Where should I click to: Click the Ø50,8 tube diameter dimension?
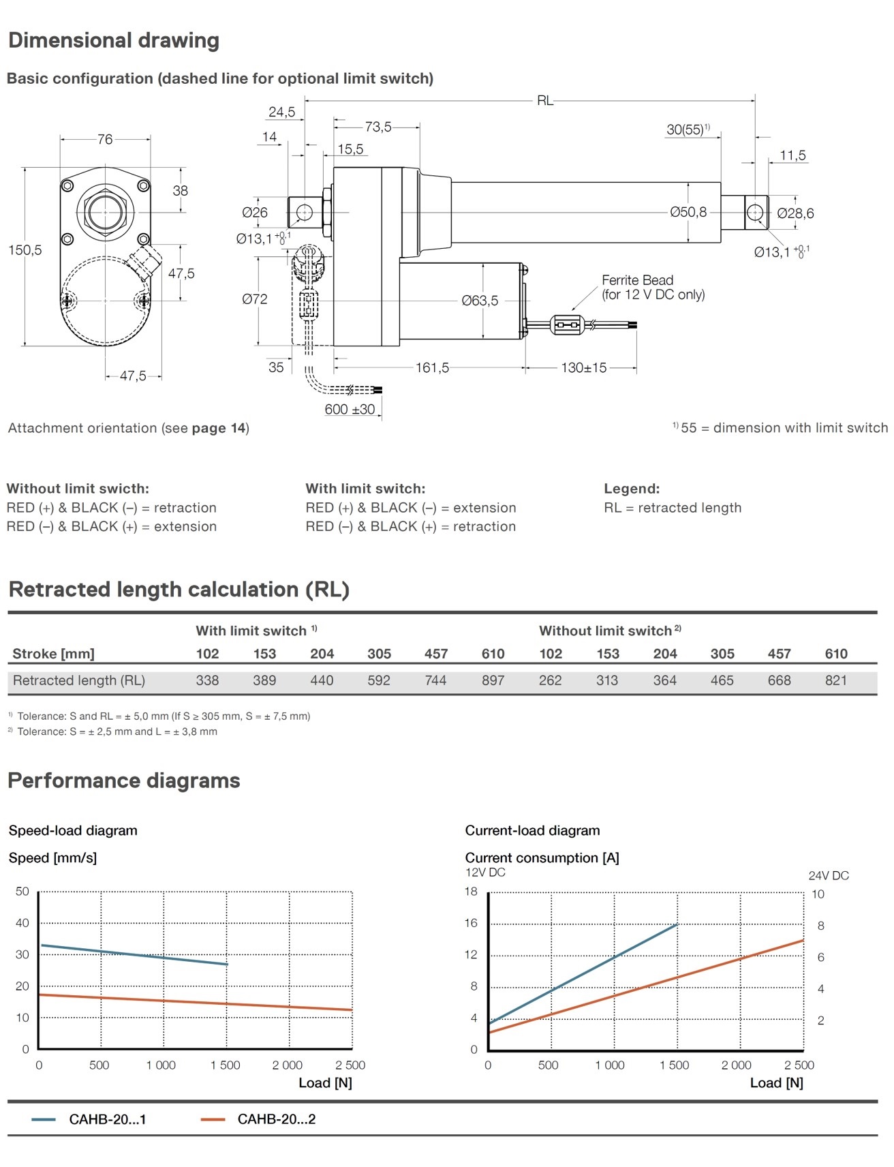tap(688, 212)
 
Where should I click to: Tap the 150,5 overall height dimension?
tap(25, 250)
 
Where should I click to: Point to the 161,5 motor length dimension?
tap(433, 368)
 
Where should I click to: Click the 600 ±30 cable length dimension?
tap(350, 410)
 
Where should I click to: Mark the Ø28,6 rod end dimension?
tap(795, 213)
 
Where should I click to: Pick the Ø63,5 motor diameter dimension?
tap(480, 301)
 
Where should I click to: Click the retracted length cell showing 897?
tap(493, 680)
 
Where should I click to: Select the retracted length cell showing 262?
tap(550, 680)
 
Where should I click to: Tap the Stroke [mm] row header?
tap(53, 654)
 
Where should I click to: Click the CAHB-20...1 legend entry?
tap(107, 1119)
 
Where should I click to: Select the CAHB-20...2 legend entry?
tap(276, 1119)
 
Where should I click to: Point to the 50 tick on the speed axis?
tap(22, 892)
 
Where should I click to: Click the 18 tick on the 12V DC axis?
tap(471, 892)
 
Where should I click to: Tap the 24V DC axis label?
tap(829, 875)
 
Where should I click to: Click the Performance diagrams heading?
tap(124, 780)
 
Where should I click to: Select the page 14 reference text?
tap(219, 428)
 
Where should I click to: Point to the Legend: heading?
tap(632, 489)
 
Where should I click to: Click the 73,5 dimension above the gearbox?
tap(378, 127)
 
